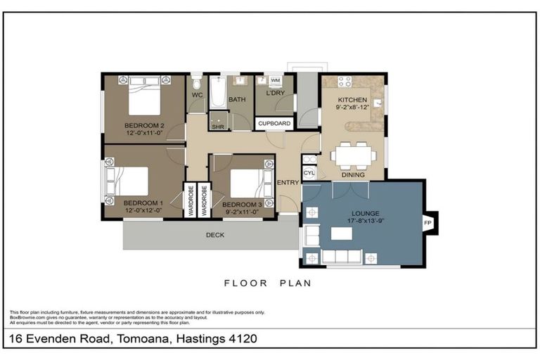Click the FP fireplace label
[x=427, y=223]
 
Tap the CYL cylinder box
[x=309, y=172]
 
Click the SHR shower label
[x=218, y=127]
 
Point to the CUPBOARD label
[x=274, y=124]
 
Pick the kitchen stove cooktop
[x=345, y=82]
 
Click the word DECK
[x=215, y=235]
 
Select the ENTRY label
[x=288, y=183]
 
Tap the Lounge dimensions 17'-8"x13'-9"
[x=365, y=220]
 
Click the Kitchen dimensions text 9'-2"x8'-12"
[x=352, y=108]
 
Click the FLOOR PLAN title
[x=267, y=284]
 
